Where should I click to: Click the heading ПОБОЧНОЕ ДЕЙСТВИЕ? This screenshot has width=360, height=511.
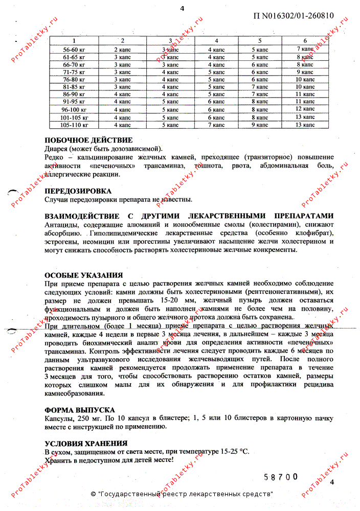88,140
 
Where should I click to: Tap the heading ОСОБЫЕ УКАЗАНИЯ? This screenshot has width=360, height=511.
83,274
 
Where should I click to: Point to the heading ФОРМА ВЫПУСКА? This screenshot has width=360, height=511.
79,410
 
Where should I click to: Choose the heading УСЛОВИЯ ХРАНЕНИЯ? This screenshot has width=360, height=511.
86,444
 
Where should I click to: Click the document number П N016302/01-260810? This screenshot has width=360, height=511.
294,15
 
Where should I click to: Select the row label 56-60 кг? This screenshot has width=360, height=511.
74,49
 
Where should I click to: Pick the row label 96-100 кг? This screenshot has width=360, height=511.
74,109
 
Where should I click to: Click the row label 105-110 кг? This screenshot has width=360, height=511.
74,124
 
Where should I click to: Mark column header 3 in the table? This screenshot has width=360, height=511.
170,41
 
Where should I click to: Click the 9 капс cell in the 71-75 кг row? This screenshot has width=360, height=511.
305,72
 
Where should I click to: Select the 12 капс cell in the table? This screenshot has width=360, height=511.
305,109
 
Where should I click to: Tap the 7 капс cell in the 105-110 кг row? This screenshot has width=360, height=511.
216,124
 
